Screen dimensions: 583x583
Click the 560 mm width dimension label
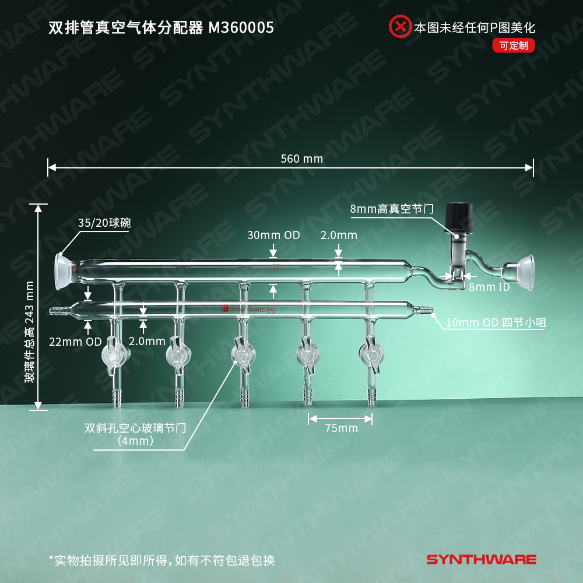pos(301,159)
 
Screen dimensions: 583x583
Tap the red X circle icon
pos(400,26)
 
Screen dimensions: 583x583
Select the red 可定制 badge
pos(514,45)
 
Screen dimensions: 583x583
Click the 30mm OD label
pos(273,235)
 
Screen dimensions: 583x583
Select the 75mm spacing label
pos(341,428)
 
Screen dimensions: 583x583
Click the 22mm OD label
pos(75,341)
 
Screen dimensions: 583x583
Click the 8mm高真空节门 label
pos(392,209)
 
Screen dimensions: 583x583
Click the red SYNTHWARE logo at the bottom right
pos(481,560)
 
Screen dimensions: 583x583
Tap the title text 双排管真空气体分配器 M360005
pos(161,28)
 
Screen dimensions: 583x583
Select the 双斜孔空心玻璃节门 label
pos(135,434)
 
